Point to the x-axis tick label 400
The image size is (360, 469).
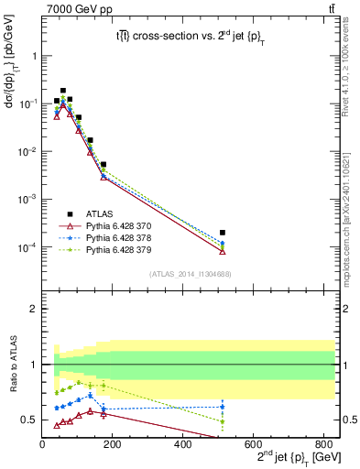pos(182,446)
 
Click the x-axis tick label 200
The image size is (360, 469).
pos(112,446)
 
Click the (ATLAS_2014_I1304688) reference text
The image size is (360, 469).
pos(189,273)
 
